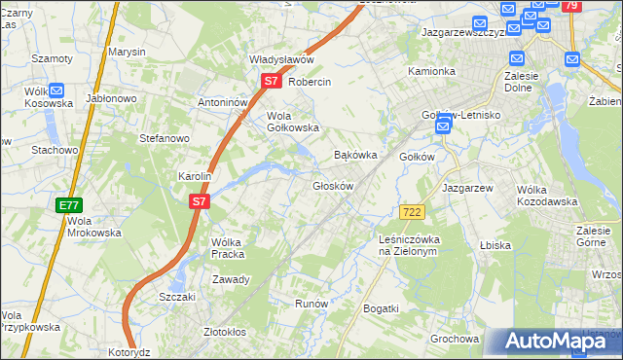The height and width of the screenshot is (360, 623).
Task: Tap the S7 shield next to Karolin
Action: click(x=199, y=201)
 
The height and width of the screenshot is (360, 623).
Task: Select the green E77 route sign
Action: click(x=68, y=205)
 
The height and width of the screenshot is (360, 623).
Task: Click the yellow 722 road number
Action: click(x=411, y=211)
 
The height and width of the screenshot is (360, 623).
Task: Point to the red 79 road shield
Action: click(x=571, y=6)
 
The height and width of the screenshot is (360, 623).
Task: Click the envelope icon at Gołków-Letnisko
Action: click(x=444, y=126)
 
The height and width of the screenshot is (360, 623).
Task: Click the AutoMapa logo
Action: click(x=554, y=341)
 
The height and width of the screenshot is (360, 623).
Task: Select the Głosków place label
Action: click(x=332, y=186)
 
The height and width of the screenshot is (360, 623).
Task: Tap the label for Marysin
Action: click(x=127, y=52)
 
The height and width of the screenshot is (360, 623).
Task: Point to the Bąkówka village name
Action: click(x=355, y=155)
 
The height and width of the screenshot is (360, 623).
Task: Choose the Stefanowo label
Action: click(x=164, y=138)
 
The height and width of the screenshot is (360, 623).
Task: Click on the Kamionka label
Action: click(x=431, y=71)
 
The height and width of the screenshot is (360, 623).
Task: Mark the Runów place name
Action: click(x=311, y=304)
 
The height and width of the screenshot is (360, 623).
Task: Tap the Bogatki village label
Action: click(x=381, y=308)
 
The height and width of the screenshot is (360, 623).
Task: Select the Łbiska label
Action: click(x=495, y=245)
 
